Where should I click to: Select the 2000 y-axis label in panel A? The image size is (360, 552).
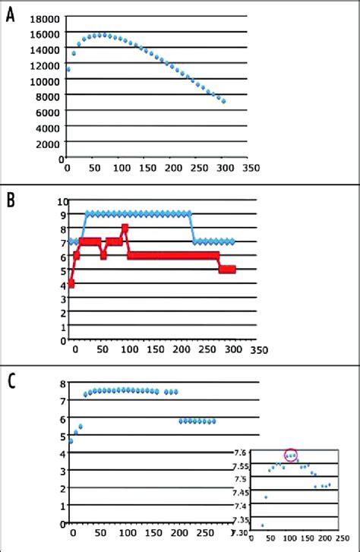click(x=47, y=143)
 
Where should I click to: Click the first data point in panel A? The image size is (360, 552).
click(x=68, y=70)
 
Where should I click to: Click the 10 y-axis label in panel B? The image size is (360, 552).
click(x=63, y=201)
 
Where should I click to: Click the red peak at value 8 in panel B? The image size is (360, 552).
click(x=125, y=228)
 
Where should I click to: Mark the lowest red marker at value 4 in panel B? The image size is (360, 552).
click(x=71, y=283)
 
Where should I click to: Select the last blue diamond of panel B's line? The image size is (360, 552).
click(x=233, y=241)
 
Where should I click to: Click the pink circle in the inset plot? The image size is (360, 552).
click(x=291, y=455)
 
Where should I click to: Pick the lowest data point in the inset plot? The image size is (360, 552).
click(x=263, y=525)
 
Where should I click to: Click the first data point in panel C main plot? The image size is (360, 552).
click(x=71, y=441)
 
